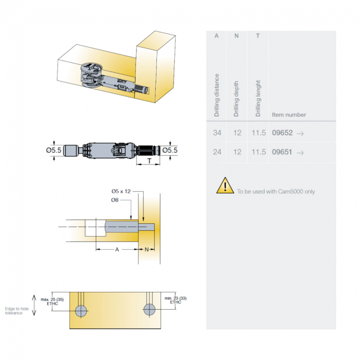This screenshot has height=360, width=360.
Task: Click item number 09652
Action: pyautogui.click(x=282, y=133)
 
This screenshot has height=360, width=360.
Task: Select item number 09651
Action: pyautogui.click(x=282, y=152)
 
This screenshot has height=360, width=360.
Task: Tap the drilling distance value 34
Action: pyautogui.click(x=217, y=133)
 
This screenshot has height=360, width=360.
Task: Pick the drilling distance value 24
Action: pyautogui.click(x=217, y=152)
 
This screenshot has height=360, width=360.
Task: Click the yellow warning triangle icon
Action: pyautogui.click(x=225, y=185)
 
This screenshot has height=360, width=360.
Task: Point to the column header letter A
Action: pyautogui.click(x=216, y=36)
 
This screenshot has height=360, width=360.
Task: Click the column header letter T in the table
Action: pyautogui.click(x=258, y=36)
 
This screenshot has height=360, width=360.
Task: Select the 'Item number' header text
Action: pyautogui.click(x=289, y=115)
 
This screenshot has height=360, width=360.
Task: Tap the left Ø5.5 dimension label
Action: pyautogui.click(x=54, y=151)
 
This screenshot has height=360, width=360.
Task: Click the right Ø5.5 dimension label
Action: pyautogui.click(x=170, y=151)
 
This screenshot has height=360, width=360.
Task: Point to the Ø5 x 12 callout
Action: pyautogui.click(x=121, y=191)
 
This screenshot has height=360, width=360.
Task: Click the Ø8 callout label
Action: pyautogui.click(x=115, y=200)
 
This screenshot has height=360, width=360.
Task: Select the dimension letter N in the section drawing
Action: pyautogui.click(x=147, y=249)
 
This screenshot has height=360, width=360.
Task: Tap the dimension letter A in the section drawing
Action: pyautogui.click(x=117, y=249)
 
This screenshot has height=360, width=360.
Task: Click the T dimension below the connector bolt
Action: pyautogui.click(x=149, y=161)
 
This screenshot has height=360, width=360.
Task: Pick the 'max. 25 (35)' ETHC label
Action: pyautogui.click(x=52, y=302)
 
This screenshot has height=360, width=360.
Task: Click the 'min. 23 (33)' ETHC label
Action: pyautogui.click(x=176, y=300)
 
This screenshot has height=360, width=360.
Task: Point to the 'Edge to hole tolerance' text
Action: pyautogui.click(x=17, y=311)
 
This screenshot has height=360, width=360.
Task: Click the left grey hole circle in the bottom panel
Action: pyautogui.click(x=81, y=311)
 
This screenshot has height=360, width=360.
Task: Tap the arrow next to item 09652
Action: pyautogui.click(x=300, y=133)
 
